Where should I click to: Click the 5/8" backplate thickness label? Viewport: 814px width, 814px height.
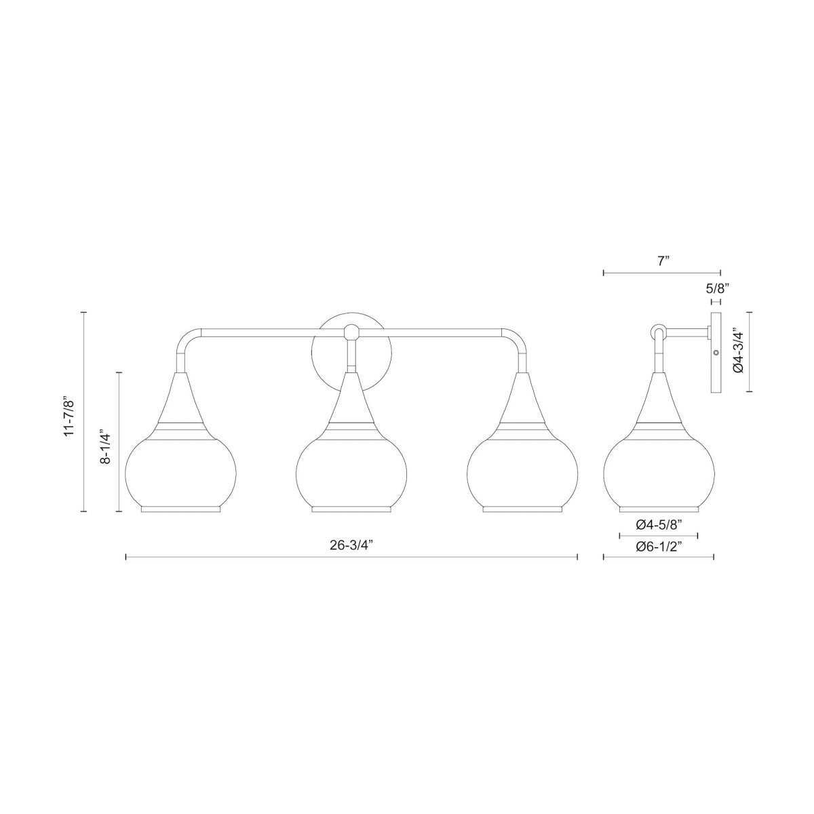pyautogui.click(x=716, y=288)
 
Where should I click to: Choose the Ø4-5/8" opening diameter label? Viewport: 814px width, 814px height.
pyautogui.click(x=659, y=524)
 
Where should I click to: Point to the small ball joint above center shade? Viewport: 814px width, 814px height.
pyautogui.click(x=351, y=332)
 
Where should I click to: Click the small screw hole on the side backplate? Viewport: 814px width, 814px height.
pyautogui.click(x=716, y=352)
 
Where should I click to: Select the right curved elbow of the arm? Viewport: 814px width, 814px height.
pyautogui.click(x=517, y=339)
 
